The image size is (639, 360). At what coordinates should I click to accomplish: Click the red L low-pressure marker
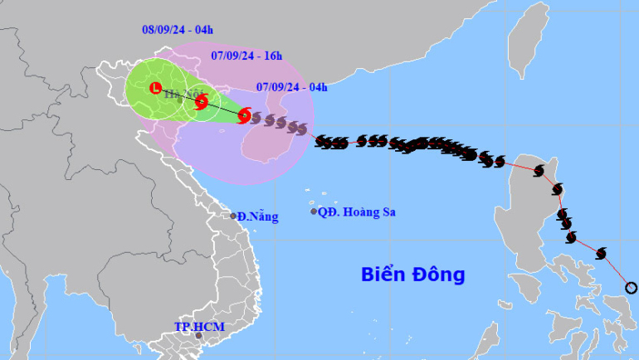click(154, 88)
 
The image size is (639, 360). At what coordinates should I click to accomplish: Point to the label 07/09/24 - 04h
click(292, 85)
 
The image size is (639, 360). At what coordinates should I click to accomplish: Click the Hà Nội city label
click(177, 95)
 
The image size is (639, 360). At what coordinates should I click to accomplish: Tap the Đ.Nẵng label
click(257, 216)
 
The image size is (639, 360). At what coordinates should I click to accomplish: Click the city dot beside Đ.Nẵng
click(233, 216)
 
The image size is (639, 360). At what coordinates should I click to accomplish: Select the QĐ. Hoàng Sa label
click(358, 212)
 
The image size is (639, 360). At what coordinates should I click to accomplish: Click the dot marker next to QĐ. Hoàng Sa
click(314, 212)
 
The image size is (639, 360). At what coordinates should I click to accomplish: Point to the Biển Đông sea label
click(412, 274)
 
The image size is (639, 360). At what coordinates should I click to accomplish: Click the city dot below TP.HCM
click(198, 336)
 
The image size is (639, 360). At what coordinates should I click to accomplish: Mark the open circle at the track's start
click(630, 288)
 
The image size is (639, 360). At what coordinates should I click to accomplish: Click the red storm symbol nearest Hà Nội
click(202, 102)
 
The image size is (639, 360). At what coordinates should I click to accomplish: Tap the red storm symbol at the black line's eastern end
click(244, 116)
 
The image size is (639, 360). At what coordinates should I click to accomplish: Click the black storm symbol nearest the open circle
click(602, 252)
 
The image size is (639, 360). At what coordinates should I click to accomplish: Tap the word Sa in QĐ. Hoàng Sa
click(387, 212)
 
